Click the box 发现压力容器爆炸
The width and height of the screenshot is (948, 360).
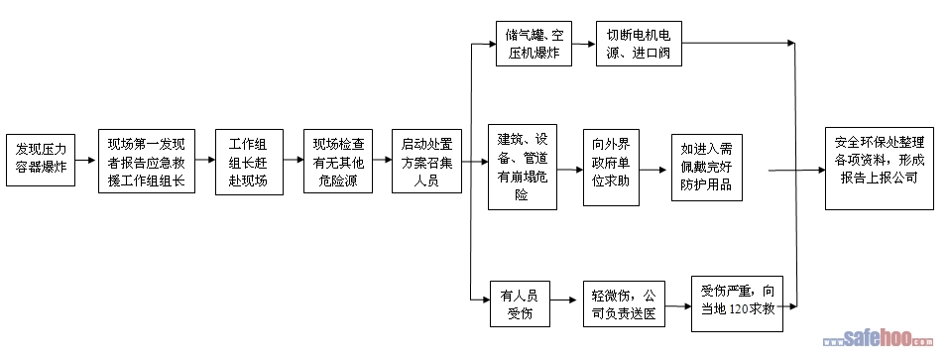(x=41, y=160)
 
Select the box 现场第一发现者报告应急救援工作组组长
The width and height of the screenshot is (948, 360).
(x=147, y=161)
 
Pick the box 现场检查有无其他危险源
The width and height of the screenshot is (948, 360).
(x=338, y=161)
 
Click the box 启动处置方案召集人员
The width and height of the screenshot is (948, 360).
(x=426, y=161)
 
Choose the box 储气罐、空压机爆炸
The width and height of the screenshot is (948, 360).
(x=533, y=44)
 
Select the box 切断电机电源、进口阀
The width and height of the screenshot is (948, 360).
(x=639, y=44)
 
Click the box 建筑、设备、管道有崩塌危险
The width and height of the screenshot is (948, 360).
(x=523, y=167)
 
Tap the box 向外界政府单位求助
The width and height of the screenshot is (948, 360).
(x=611, y=168)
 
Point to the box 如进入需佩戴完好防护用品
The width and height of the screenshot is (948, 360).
(x=707, y=168)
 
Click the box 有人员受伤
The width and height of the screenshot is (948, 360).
(x=520, y=303)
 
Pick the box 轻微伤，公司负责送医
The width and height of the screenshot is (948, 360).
(x=624, y=303)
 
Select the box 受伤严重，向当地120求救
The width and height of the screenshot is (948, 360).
(x=737, y=303)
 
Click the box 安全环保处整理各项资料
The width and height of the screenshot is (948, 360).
(x=880, y=169)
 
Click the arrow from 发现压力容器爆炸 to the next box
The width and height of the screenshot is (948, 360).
(x=86, y=161)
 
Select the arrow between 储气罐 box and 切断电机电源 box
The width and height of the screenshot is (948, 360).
(x=584, y=44)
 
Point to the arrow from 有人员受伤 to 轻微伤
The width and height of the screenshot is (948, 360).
(x=564, y=300)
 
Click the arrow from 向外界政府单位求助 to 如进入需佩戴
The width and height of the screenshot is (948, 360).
(x=653, y=171)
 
